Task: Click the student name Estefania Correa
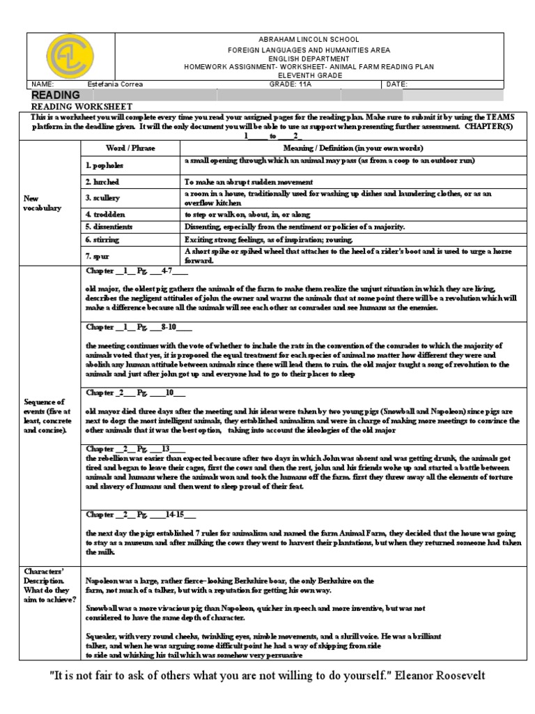[116, 84]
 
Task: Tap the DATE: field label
[397, 84]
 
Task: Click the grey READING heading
[56, 95]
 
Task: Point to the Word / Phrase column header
[125, 149]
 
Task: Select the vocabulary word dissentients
[109, 227]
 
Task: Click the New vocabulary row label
[44, 203]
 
